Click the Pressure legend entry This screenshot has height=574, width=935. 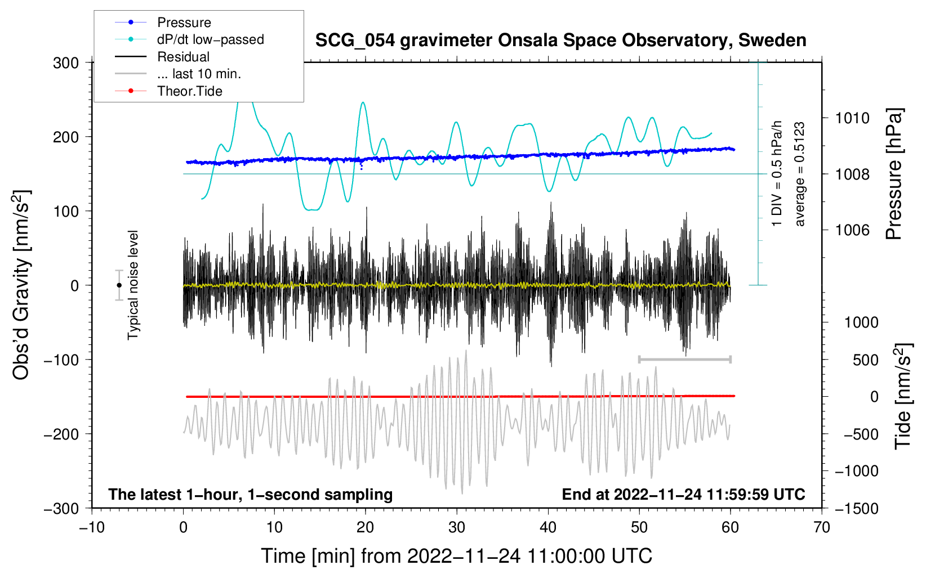163,22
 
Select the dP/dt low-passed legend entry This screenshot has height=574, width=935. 189,39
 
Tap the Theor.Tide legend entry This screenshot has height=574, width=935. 168,91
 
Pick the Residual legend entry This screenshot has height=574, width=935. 162,57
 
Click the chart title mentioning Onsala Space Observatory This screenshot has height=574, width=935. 560,41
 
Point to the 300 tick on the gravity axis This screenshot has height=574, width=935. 66,63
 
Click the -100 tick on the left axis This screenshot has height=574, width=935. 61,360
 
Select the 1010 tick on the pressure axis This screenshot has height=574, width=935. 852,118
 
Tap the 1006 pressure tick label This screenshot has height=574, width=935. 852,230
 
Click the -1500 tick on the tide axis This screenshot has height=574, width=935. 857,509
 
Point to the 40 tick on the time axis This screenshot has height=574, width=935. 547,528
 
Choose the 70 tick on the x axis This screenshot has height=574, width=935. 821,528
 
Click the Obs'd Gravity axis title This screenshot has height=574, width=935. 21,285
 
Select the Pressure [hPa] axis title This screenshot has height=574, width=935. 894,174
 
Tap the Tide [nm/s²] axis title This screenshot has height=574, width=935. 903,396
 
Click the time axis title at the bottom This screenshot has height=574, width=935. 457,556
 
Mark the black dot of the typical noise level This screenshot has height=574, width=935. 119,285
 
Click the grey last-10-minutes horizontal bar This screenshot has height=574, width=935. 684,359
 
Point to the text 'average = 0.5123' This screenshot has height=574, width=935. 799,174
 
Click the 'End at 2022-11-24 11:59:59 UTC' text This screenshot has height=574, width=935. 683,494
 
